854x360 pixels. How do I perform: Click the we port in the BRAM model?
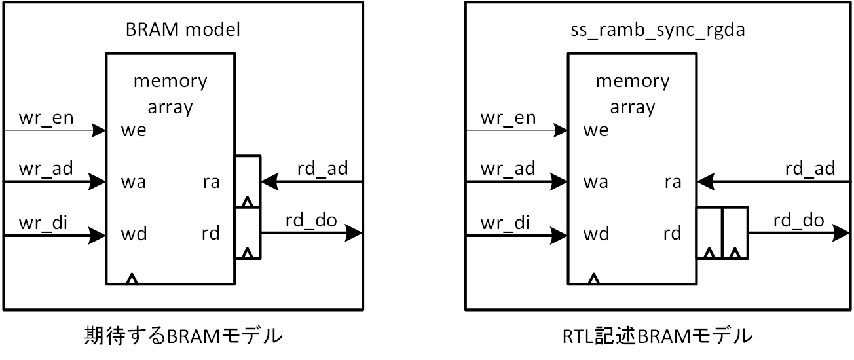pyautogui.click(x=134, y=130)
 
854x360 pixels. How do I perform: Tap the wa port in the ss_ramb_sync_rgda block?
pyautogui.click(x=595, y=182)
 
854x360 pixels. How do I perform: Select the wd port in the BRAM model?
pyautogui.click(x=134, y=234)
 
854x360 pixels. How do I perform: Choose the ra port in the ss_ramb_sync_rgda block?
pyautogui.click(x=673, y=182)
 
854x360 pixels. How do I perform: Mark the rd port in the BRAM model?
pyautogui.click(x=211, y=234)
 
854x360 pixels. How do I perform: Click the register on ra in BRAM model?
pyautogui.click(x=247, y=181)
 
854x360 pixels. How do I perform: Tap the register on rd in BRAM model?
pyautogui.click(x=247, y=233)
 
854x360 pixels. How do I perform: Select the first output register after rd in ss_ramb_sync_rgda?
pyautogui.click(x=709, y=233)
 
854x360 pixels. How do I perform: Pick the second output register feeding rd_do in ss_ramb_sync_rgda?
pyautogui.click(x=734, y=233)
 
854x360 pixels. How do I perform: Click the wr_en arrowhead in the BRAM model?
pyautogui.click(x=98, y=130)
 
